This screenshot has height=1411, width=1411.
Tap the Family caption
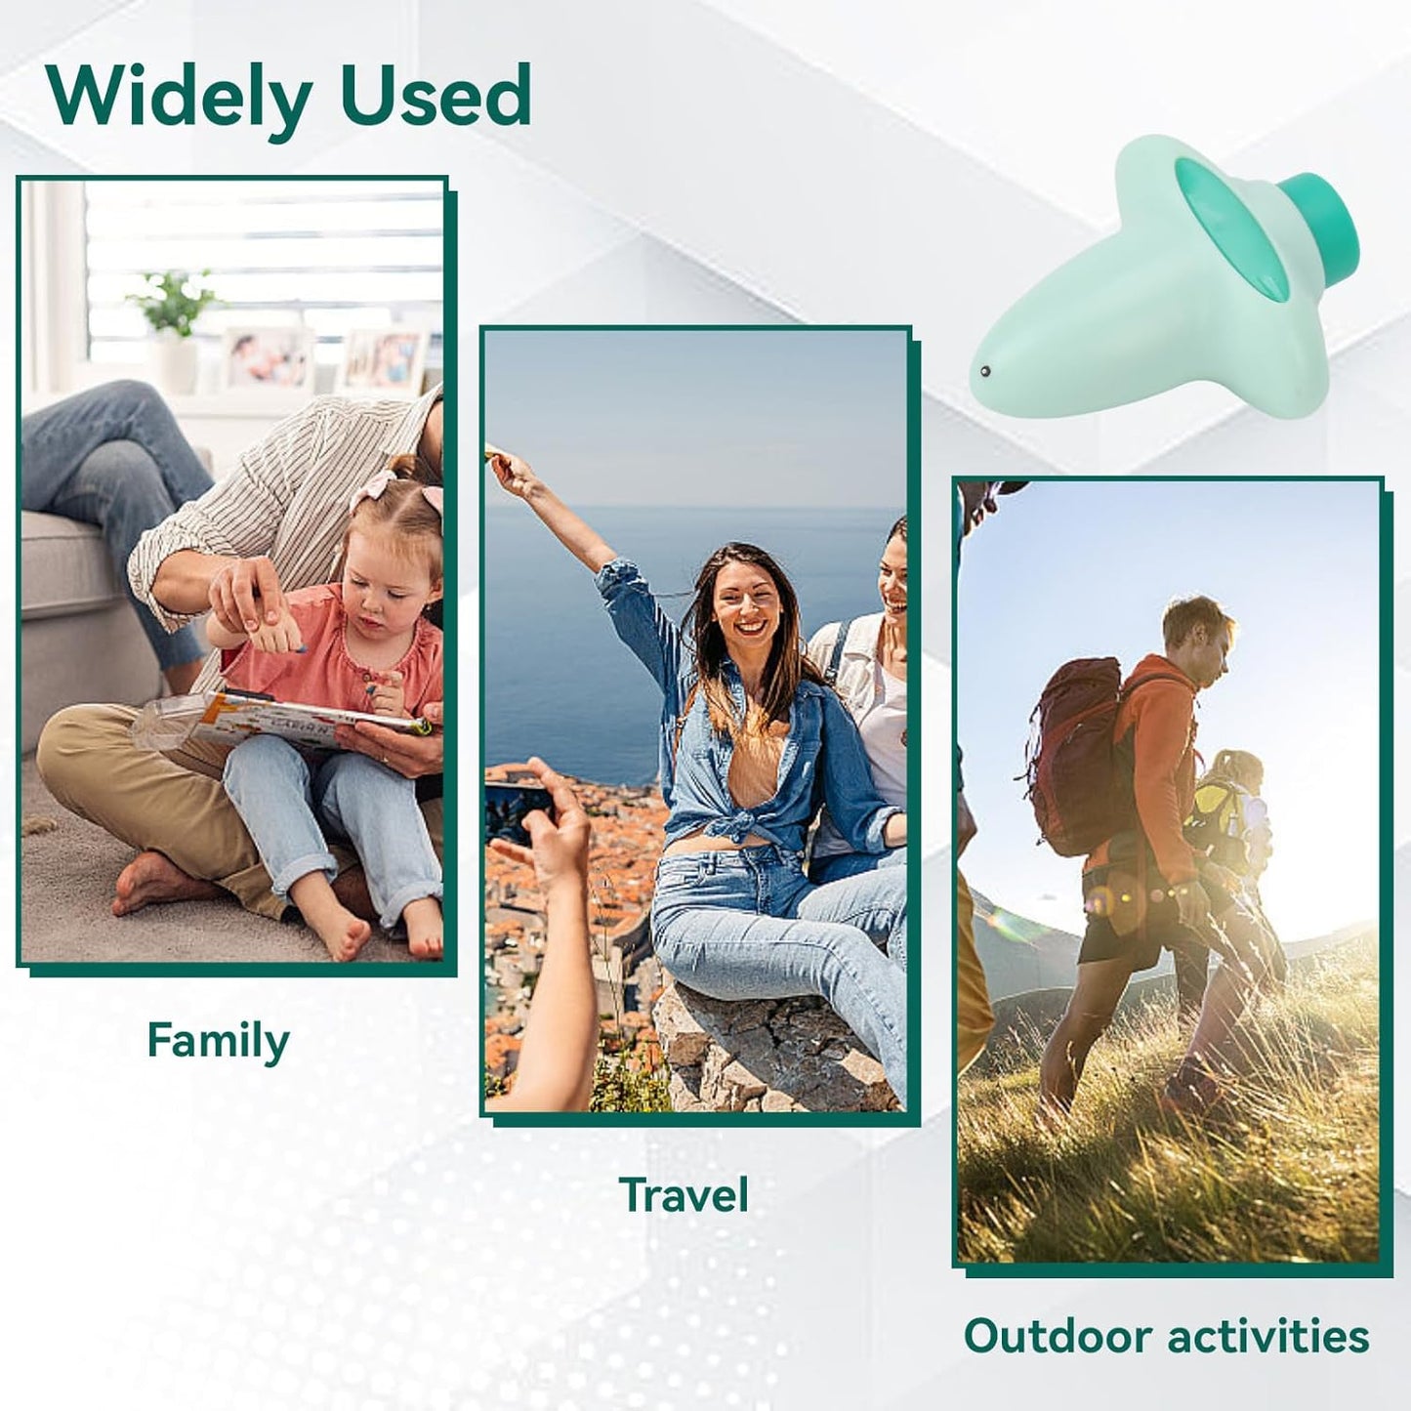tap(218, 1041)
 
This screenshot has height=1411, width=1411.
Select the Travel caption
tap(684, 1194)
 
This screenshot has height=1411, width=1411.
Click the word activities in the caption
tap(1268, 1336)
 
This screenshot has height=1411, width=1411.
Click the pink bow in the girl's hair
tap(371, 488)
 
